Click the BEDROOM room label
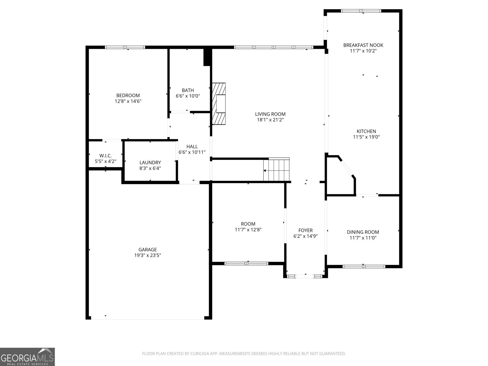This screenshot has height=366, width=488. [x=128, y=95]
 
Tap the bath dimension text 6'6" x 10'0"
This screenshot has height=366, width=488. [x=188, y=96]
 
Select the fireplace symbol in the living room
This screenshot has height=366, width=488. [x=219, y=104]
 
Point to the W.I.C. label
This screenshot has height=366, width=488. [x=106, y=156]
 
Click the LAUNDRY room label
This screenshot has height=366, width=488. [x=150, y=163]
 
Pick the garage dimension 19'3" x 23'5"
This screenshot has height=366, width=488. [x=148, y=256]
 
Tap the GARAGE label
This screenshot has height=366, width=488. [x=148, y=249]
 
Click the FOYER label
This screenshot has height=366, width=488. [x=305, y=230]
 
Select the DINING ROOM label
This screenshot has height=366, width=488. [x=363, y=232]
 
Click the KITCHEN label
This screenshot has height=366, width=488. [x=366, y=131]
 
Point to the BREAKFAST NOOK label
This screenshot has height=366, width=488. [x=363, y=45]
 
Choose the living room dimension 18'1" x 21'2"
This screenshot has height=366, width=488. [x=270, y=120]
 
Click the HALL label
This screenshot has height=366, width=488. [x=192, y=146]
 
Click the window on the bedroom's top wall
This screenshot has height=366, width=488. [x=125, y=47]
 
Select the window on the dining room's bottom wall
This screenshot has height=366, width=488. [x=364, y=266]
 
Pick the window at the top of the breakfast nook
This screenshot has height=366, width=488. [x=361, y=11]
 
